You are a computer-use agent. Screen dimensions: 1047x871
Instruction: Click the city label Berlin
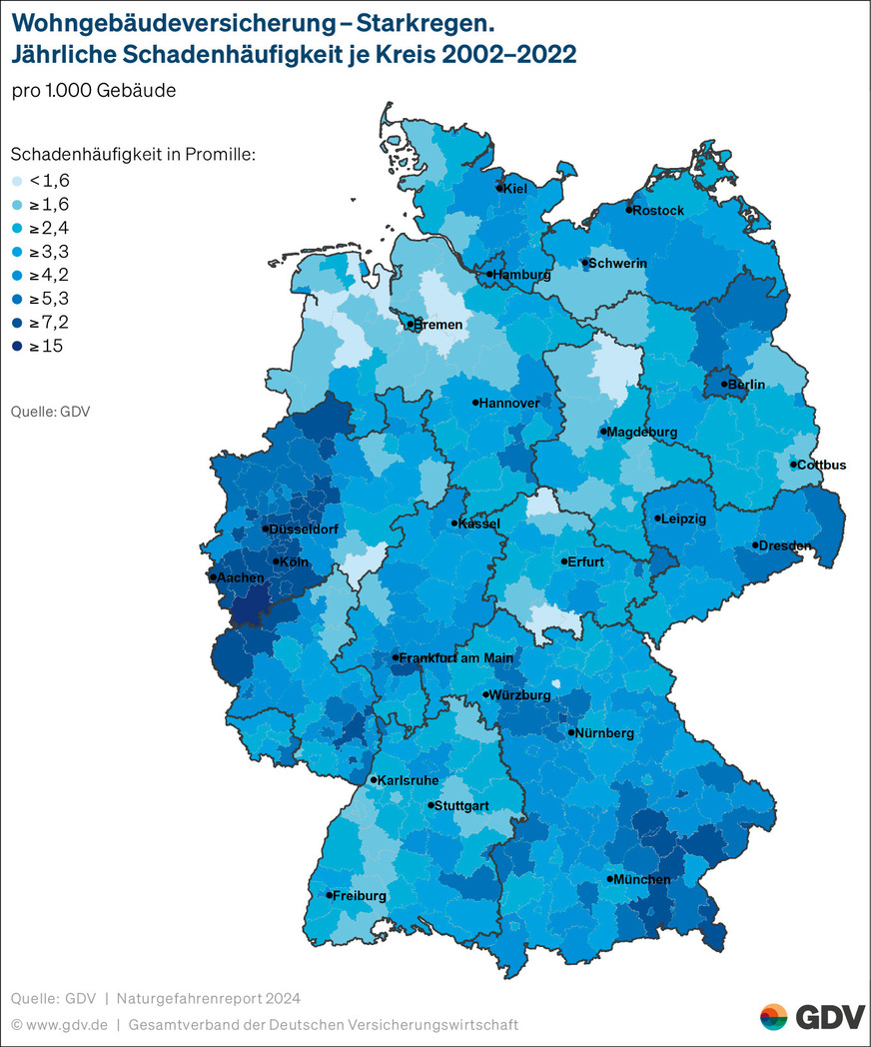tap(747, 385)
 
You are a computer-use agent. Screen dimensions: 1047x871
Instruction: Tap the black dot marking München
tap(609, 879)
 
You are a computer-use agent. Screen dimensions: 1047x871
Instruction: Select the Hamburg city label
tap(522, 275)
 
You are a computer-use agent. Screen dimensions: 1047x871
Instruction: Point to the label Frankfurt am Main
tap(457, 657)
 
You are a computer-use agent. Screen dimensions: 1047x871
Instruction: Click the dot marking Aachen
tap(213, 577)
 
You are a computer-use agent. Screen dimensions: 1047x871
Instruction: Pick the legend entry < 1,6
tap(50, 181)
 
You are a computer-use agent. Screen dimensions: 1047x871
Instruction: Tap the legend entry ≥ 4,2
tap(50, 275)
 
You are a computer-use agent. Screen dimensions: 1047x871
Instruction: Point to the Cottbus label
tap(822, 465)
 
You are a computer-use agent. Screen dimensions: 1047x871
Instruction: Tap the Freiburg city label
tap(360, 896)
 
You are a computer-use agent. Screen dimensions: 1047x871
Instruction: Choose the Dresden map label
tap(786, 545)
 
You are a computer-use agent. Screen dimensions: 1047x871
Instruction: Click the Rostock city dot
tap(629, 210)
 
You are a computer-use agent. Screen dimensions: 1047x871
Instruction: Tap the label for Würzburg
tap(521, 694)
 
